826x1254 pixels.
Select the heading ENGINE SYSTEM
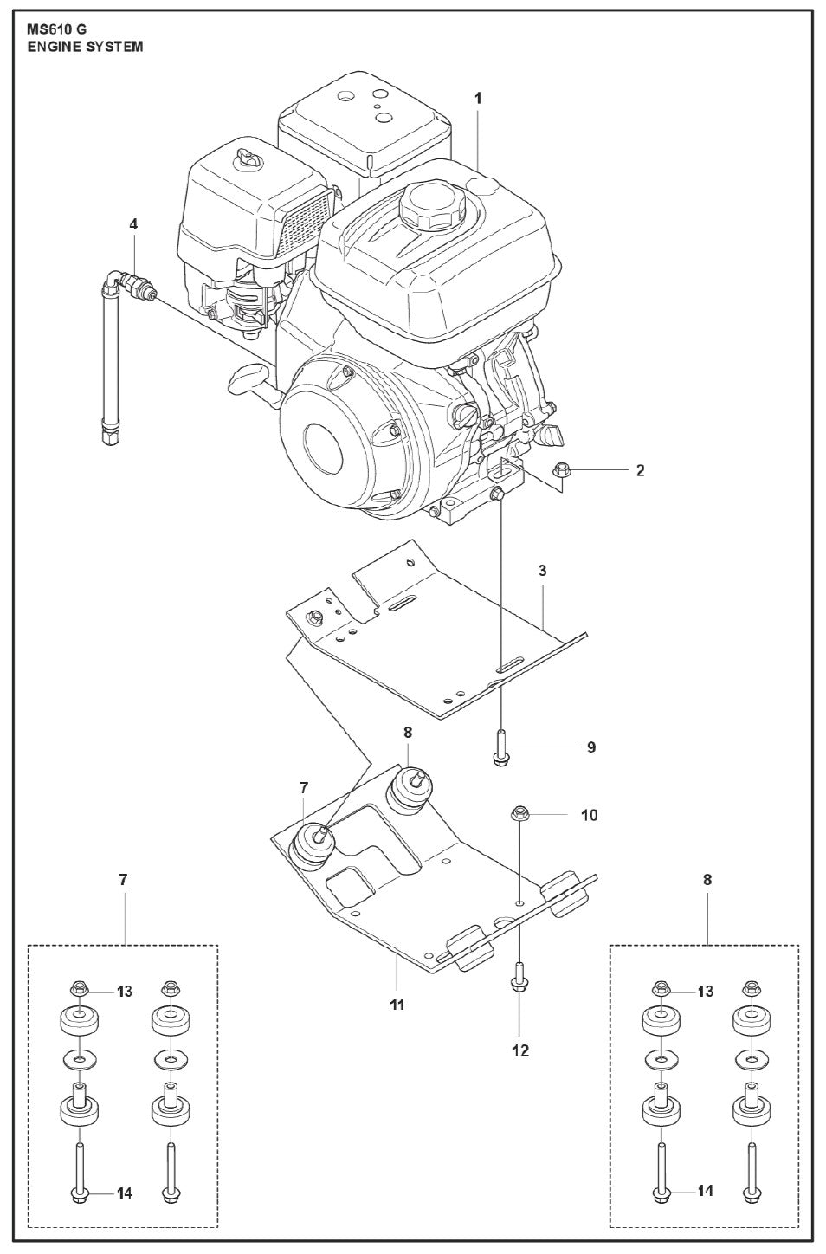click(85, 46)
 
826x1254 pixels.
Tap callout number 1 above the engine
click(478, 98)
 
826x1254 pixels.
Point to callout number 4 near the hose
click(133, 224)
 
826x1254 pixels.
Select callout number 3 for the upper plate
click(542, 571)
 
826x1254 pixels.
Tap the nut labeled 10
click(521, 814)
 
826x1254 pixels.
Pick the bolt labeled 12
click(519, 979)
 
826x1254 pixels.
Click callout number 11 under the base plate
click(397, 1005)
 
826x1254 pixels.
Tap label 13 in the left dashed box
click(125, 992)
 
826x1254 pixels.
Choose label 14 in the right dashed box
click(705, 1191)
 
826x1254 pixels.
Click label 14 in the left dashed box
click(125, 1193)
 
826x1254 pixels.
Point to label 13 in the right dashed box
click(705, 991)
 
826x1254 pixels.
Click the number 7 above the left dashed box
click(123, 879)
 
